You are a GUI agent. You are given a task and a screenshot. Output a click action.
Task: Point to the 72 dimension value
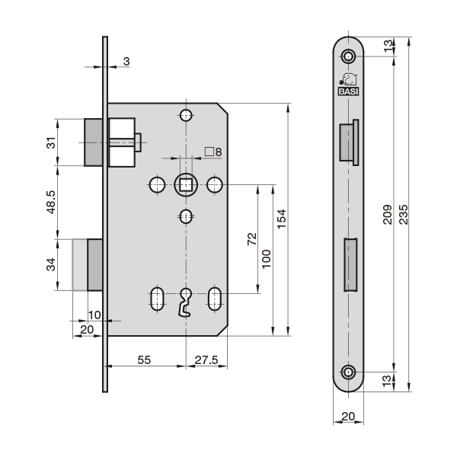click(x=251, y=241)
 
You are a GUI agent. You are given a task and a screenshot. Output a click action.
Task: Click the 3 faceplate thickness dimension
click(x=126, y=60)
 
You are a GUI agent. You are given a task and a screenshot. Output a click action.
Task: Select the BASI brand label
click(x=349, y=91)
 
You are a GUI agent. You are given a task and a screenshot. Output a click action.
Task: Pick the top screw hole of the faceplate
click(x=349, y=57)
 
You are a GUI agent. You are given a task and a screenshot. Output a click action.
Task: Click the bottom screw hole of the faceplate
click(x=349, y=371)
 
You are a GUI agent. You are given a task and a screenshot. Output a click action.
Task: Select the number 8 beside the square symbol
click(x=218, y=152)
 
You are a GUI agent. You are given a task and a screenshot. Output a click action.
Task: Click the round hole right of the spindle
click(x=215, y=184)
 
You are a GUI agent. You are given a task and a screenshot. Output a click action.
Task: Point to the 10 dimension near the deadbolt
click(x=94, y=315)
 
